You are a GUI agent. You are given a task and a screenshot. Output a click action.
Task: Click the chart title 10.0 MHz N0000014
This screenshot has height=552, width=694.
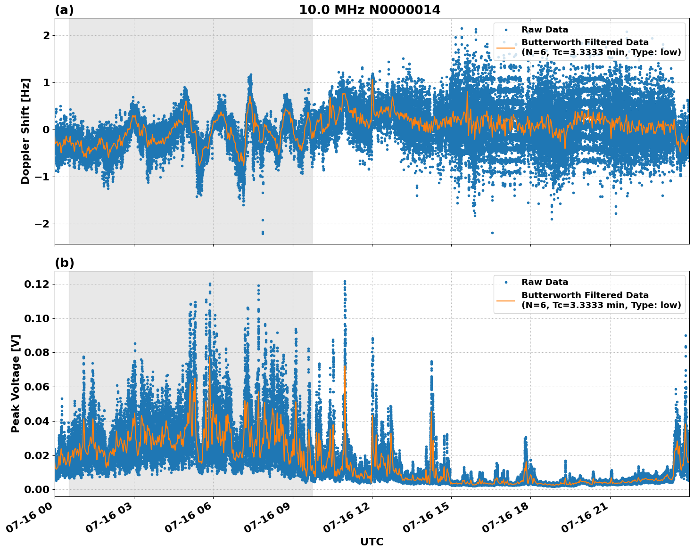click(370, 10)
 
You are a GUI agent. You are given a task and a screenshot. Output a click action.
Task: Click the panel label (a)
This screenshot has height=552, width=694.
click(64, 10)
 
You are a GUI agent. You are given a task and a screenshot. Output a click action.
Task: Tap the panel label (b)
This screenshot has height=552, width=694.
click(64, 263)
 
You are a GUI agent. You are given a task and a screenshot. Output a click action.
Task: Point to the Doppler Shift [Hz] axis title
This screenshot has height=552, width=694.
click(25, 131)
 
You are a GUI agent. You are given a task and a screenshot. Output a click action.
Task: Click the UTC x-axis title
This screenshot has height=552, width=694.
click(372, 542)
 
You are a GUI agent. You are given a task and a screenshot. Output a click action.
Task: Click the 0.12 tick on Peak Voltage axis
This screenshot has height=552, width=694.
click(36, 284)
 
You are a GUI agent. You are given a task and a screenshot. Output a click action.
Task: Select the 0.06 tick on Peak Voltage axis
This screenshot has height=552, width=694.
click(36, 387)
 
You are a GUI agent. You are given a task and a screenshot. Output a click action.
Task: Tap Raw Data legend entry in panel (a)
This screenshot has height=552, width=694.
click(545, 30)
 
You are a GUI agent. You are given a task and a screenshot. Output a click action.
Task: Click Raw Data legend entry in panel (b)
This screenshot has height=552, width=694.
click(545, 282)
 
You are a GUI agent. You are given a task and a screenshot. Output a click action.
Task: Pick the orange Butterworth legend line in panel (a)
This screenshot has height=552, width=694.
click(505, 48)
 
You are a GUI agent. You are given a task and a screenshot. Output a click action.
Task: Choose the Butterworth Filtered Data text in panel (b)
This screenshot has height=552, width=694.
click(585, 295)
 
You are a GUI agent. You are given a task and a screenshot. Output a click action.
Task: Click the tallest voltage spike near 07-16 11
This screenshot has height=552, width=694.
click(345, 282)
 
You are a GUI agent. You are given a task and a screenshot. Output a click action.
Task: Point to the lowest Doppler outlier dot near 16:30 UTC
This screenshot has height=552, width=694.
click(492, 233)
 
